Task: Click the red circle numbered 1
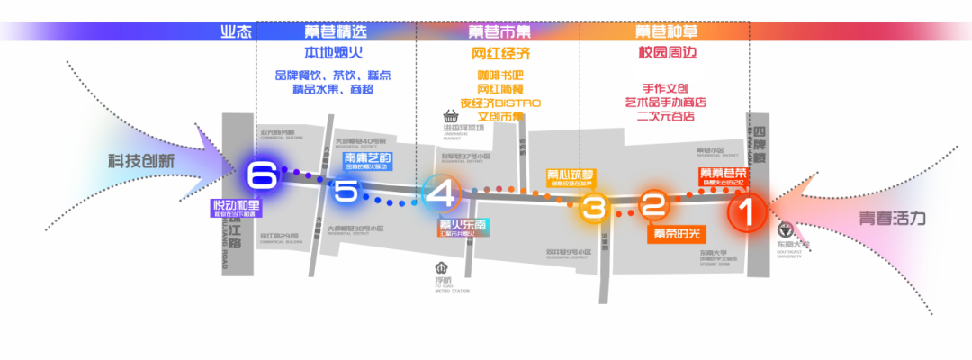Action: pos(746,214)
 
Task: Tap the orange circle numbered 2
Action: pos(654,204)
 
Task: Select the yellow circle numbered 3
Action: pos(592,209)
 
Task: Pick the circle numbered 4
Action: pos(442,193)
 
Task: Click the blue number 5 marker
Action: pos(346,191)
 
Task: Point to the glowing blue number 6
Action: pos(261,175)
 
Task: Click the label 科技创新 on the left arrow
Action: pos(142,161)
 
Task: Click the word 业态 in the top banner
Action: pos(235,31)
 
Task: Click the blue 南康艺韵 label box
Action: pos(367,162)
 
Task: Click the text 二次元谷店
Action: pos(666,116)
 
